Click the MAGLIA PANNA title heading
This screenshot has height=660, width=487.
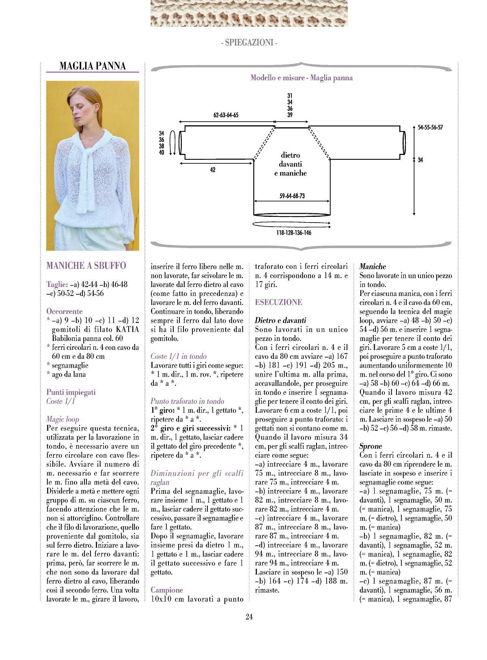coord(93,66)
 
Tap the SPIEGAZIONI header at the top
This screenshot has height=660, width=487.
coord(249,43)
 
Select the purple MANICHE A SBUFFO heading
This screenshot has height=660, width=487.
coord(86,266)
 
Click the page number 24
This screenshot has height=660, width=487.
coord(249,617)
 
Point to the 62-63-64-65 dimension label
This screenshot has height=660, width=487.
coord(226,115)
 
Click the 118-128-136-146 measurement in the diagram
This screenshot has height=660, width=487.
coord(294,233)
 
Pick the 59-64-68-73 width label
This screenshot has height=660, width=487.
coord(292,196)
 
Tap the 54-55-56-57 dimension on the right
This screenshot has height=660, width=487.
coord(430,127)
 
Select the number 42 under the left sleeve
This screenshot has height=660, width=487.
coord(213,170)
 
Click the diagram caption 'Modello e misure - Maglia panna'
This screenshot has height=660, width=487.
coord(302,78)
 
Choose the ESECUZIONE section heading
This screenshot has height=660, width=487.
coord(278,302)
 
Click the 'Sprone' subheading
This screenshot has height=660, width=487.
coord(371,446)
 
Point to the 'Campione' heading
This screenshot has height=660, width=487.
coord(167,590)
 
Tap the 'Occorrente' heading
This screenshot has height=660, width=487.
coord(65,311)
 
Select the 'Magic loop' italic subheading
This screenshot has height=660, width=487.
coord(62,419)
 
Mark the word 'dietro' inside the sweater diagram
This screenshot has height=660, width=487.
coord(290,155)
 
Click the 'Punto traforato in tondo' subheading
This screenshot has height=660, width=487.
coord(187,401)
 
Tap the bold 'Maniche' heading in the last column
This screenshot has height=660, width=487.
coord(373,266)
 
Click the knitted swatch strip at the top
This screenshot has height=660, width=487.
coord(249,13)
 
